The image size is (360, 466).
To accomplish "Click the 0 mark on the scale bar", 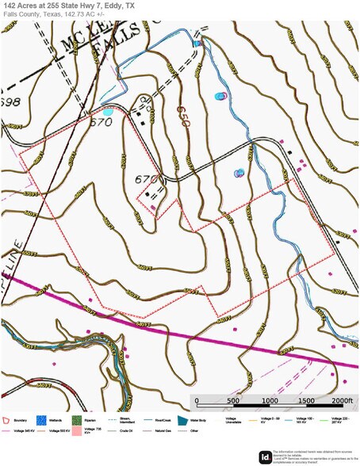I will point(196,401).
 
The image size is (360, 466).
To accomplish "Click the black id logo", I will point(265,456).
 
